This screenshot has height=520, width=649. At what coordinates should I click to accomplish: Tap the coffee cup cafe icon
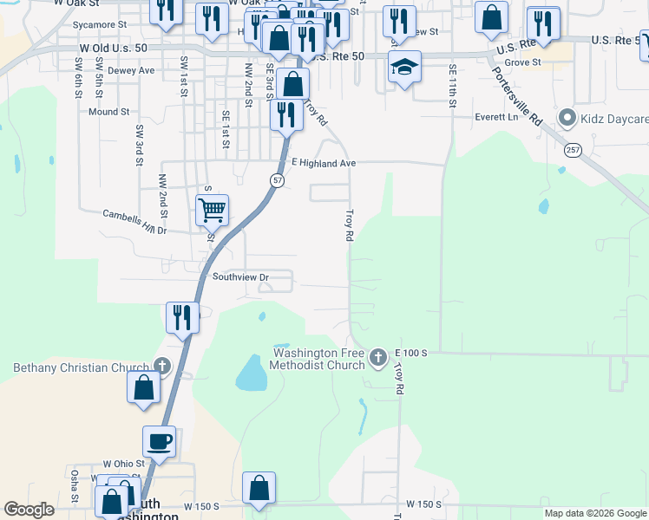click(x=159, y=441)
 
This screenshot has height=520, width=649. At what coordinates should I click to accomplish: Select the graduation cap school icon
click(x=404, y=67)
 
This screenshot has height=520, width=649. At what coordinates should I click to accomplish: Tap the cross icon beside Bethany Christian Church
click(x=161, y=367)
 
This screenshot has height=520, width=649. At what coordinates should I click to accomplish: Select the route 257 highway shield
click(x=572, y=151)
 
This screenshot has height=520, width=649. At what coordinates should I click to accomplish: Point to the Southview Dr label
click(x=241, y=277)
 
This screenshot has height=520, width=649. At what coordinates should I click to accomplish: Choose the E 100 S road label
click(x=412, y=353)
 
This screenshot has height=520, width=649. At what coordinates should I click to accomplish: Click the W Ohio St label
click(x=123, y=465)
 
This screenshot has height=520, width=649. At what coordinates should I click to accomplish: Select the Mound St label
click(x=108, y=112)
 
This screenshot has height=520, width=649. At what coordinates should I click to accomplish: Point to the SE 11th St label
click(x=452, y=85)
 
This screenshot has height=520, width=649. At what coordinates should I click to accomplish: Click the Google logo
click(x=29, y=510)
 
